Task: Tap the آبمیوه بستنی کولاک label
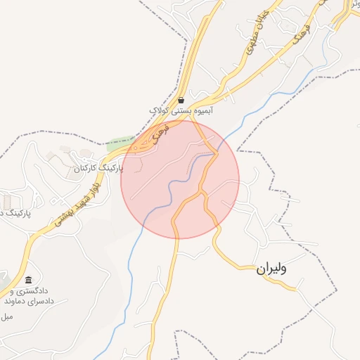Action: pos(180,110)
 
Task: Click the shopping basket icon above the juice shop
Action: pos(181,100)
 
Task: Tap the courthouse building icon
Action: pos(28,280)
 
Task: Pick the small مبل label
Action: pos(7,317)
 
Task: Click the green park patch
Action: pos(119,145)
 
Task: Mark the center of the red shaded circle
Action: pos(180,179)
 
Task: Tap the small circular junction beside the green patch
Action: pos(135,149)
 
